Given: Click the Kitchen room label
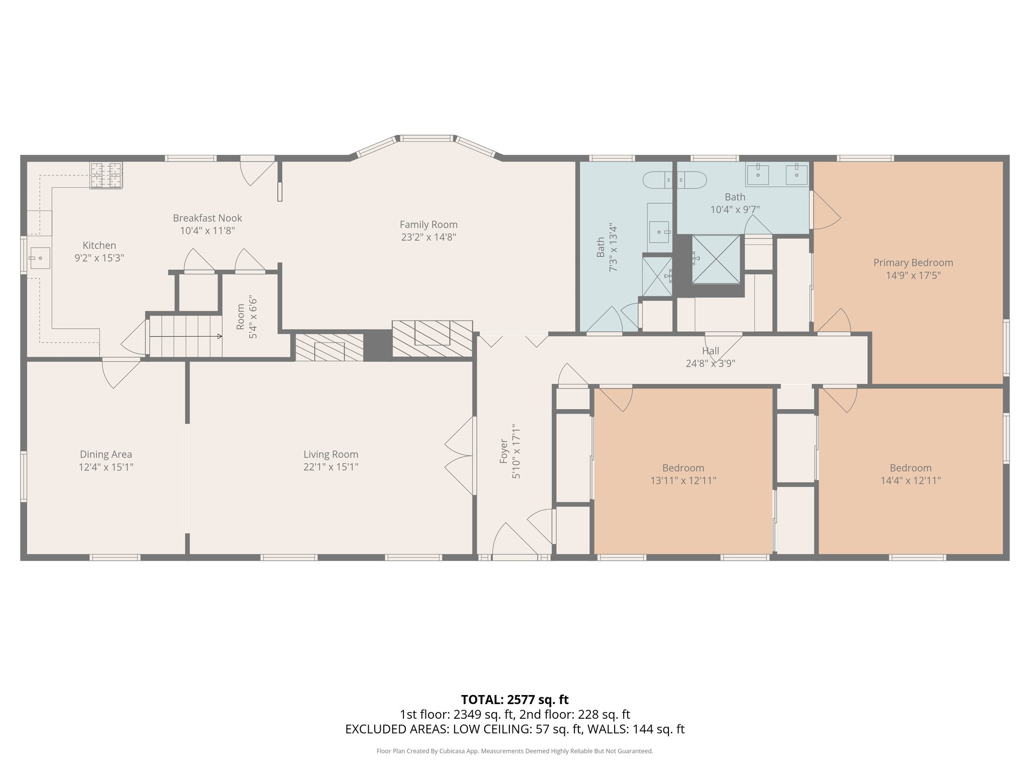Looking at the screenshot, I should point(99,245).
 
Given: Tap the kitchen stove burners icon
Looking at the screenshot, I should point(106,175).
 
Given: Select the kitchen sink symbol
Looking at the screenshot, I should point(39,258).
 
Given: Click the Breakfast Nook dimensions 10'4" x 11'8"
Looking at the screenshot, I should point(207,231).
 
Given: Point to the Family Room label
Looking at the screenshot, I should point(428,225).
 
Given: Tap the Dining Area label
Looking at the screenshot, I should point(106,454).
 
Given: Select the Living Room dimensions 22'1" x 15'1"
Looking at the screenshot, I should point(330,467).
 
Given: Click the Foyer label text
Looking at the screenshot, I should point(503,451).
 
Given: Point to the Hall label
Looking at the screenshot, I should point(710,351).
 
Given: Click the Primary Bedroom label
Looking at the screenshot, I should point(913,262).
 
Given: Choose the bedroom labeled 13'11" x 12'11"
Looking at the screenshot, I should point(683,474).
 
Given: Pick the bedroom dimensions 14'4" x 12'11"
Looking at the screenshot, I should point(910,480).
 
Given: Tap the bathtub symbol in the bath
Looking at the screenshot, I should point(675,179).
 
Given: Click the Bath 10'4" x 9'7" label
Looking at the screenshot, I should point(735,203).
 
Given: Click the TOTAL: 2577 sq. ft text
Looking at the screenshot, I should point(514,699).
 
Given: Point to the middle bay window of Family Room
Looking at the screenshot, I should point(426,138).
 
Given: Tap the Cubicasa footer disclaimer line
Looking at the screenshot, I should point(514,751).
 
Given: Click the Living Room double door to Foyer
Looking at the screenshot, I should point(460,456).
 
